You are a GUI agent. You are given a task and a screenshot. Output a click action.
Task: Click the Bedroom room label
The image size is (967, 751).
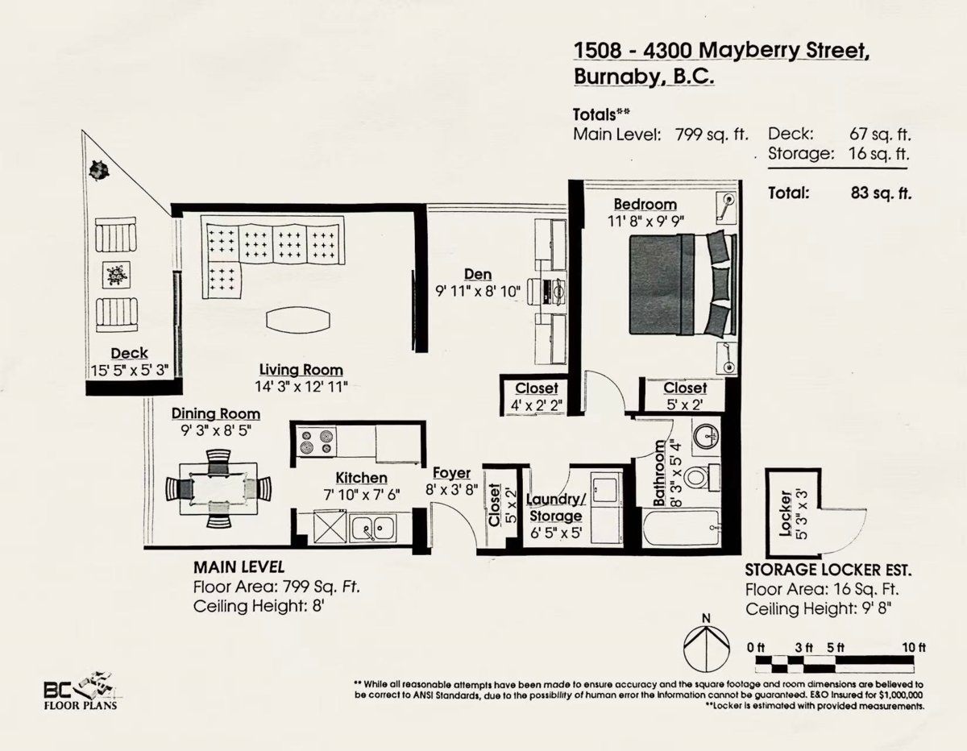(645, 204)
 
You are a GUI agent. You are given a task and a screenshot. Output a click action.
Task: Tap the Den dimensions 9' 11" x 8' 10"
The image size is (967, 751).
(478, 292)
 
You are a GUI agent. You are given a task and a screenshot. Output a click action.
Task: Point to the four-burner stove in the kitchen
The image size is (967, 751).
(317, 441)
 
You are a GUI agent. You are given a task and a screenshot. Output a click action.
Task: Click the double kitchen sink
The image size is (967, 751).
(372, 529)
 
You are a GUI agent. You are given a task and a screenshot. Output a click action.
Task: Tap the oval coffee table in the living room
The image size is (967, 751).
(298, 320)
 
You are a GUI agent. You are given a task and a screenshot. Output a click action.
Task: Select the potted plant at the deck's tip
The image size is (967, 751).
(99, 169)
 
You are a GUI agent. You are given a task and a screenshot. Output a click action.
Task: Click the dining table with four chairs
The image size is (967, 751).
(218, 489)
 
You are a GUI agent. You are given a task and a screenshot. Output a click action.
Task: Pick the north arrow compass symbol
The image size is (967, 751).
(706, 646)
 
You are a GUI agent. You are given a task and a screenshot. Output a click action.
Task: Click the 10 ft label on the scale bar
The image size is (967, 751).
(914, 647)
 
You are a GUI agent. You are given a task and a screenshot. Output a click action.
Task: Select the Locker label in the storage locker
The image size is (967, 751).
(786, 513)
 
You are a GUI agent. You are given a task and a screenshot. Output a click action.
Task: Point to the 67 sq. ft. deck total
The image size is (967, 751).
(880, 134)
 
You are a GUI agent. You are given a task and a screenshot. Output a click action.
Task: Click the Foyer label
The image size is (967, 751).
(451, 472)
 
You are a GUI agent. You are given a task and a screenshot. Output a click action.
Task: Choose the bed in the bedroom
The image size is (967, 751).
(683, 285)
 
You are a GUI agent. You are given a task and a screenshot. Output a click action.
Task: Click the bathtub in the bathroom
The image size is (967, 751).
(681, 529)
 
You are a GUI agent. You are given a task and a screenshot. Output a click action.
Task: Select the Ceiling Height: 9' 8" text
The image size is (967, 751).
(818, 609)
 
